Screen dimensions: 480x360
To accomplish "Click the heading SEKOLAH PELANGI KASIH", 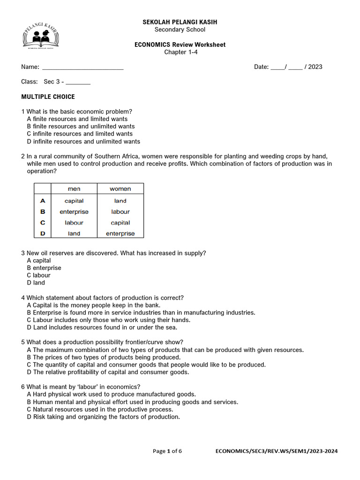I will pos(180,22).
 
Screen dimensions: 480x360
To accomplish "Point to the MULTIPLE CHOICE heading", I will pos(48,97).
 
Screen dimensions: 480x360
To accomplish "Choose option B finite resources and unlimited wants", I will pos(81,126).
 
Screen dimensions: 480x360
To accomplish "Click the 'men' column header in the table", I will pos(74,189).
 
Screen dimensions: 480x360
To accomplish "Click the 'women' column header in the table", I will pos(120,189).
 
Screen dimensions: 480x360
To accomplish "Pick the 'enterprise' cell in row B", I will pos(74,212).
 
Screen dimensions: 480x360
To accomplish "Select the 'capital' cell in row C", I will pos(120,223).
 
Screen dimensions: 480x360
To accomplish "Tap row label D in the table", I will pos(43,233).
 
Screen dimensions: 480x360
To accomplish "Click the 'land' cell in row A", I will pos(120,201).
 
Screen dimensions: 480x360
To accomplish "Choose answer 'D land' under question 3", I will pos(36,283).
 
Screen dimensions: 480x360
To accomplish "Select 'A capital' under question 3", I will pos(39,260).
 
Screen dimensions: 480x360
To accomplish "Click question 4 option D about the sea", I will pos(102,327).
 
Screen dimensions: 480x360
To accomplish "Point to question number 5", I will pos(23,342).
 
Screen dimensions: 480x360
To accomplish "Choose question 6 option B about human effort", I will pos(133,402).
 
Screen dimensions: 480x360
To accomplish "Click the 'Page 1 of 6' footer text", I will pos(167,451).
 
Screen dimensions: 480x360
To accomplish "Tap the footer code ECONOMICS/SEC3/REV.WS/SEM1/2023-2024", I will pos(276,451).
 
